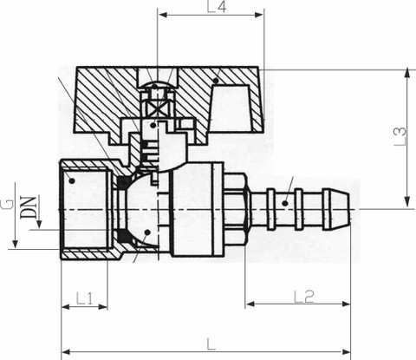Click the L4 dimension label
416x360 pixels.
tap(217, 7)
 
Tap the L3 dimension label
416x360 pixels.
tap(400, 136)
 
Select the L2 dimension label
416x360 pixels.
tap(304, 297)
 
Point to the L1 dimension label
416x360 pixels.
tap(84, 298)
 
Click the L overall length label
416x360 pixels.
tap(211, 344)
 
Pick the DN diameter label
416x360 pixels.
tap(29, 207)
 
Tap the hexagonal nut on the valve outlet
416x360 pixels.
tap(235, 209)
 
